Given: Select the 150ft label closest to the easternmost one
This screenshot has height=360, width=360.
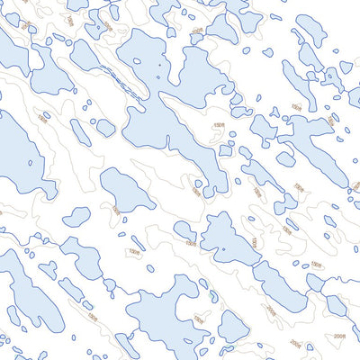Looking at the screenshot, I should (x=286, y=230).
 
